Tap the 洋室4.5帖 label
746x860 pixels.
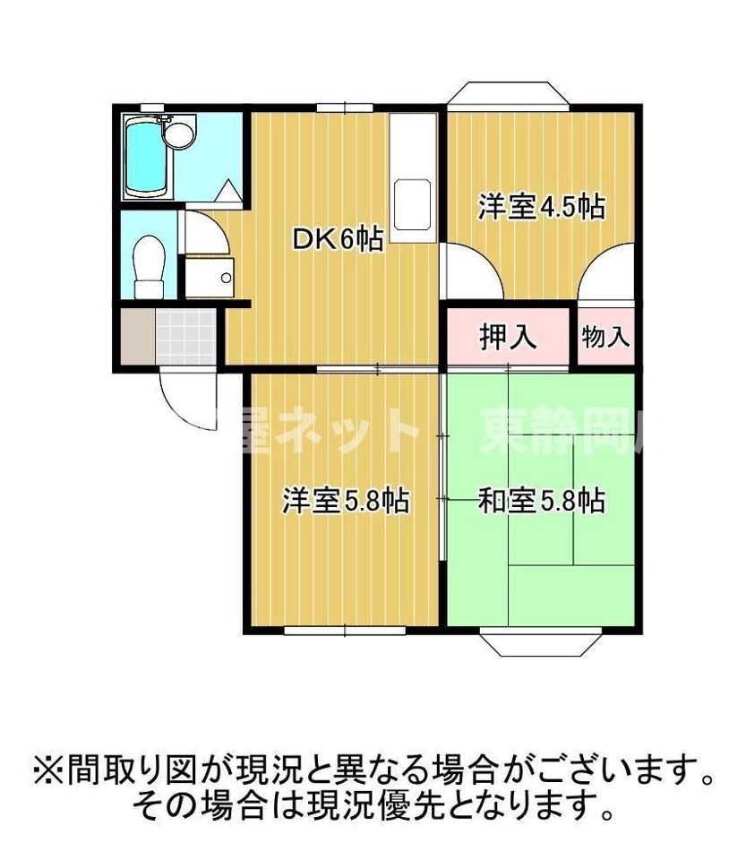(540, 207)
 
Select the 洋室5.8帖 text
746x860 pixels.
(346, 500)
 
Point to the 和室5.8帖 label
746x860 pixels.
(541, 500)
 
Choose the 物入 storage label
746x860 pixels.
(605, 337)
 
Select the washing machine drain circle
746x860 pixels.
(225, 278)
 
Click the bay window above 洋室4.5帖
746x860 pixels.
(508, 95)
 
